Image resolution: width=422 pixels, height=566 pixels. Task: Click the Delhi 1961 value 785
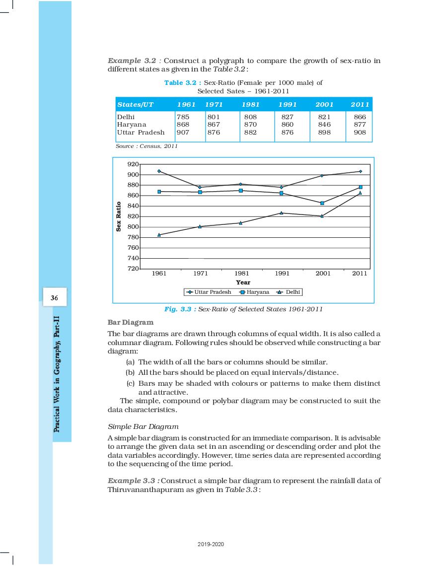coord(183,117)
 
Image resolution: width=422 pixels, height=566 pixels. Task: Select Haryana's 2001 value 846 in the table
coord(324,125)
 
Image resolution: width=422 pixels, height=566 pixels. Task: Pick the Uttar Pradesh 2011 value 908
coord(360,133)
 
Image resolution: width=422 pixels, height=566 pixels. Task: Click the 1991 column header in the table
coord(287,104)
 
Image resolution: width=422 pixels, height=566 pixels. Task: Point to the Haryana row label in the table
coord(132,125)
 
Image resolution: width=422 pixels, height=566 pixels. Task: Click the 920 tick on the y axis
coord(133,164)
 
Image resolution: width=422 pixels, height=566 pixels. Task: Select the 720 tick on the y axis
coord(133,269)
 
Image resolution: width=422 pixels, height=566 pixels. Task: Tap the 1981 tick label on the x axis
coord(241,274)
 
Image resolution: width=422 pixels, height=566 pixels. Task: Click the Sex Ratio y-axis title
coord(119,216)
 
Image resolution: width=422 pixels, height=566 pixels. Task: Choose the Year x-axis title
coord(243,283)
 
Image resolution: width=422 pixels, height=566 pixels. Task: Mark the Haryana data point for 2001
coord(322,203)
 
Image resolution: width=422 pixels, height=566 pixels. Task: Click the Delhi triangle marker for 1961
coord(159,235)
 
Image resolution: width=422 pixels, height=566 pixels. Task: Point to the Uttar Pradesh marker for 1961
coord(159,171)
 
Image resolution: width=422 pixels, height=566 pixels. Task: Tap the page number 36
coord(54,298)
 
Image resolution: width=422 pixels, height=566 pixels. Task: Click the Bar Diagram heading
coord(131,322)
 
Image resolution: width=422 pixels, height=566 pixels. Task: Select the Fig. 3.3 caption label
coord(180,309)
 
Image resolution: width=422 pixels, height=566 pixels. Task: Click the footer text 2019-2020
coord(211,544)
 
